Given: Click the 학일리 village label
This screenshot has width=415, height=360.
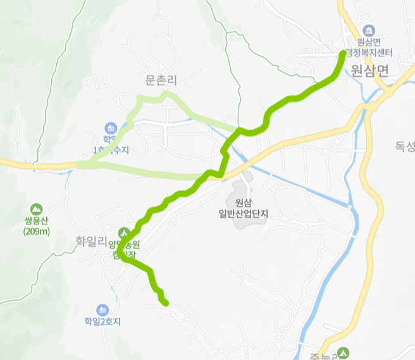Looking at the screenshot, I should click(x=93, y=241).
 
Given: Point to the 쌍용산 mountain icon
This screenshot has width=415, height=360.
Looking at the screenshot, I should click(x=36, y=208).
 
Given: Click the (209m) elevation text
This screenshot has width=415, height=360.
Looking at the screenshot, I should click(x=36, y=231).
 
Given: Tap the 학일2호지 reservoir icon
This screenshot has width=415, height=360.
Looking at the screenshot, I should click(x=102, y=309).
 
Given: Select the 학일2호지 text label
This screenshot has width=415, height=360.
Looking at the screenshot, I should click(x=102, y=321).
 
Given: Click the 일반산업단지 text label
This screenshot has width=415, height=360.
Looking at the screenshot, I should click(x=244, y=214).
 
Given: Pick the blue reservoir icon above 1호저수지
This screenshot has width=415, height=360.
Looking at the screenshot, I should click(x=111, y=128).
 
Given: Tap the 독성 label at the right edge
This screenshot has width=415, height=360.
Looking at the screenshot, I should click(x=405, y=147).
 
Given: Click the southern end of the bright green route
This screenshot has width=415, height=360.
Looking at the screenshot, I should click(x=166, y=303).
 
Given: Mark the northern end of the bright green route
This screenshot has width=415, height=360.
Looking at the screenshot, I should click(x=344, y=53).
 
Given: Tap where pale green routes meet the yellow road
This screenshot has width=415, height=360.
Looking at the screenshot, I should click(x=78, y=165).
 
